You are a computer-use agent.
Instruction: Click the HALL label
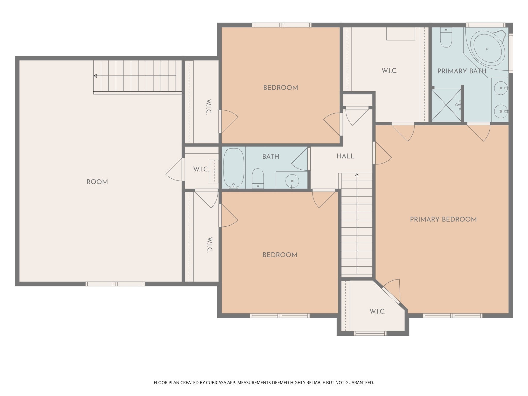(x=345, y=156)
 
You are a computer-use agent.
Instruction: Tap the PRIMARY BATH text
(x=462, y=71)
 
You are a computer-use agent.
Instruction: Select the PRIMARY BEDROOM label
(x=443, y=219)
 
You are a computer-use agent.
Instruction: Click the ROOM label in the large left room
(x=97, y=182)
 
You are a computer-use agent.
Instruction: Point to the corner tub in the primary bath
(x=486, y=49)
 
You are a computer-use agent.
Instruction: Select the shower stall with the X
(x=446, y=105)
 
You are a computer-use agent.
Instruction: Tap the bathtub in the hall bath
(x=233, y=168)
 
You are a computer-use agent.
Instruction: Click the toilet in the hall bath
(x=258, y=178)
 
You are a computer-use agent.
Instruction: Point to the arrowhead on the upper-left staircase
(x=95, y=76)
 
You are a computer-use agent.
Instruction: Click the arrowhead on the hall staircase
(x=357, y=175)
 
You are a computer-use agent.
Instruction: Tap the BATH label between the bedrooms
(x=271, y=156)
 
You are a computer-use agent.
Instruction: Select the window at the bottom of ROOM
(x=115, y=284)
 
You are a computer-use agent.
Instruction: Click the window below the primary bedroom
(x=452, y=316)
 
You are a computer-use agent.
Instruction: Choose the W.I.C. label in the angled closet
(x=377, y=311)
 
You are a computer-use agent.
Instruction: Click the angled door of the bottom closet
(x=391, y=295)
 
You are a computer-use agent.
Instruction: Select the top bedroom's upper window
(x=282, y=25)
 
